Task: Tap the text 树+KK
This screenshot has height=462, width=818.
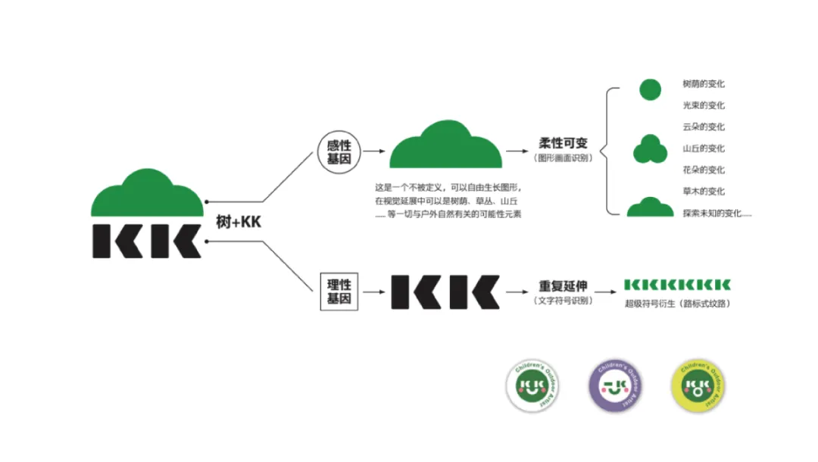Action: point(239,222)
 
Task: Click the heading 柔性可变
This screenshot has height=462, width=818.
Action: point(563,144)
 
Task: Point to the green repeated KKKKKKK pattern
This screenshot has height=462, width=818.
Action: point(677,285)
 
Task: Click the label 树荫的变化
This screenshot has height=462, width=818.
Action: point(704,84)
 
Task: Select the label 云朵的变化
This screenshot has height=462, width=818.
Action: point(704,126)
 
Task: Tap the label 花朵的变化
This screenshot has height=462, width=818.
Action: point(704,170)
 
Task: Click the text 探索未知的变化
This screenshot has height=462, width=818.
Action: point(717,214)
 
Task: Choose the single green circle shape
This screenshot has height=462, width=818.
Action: point(650,89)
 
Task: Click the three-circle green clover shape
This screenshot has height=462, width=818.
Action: point(650,148)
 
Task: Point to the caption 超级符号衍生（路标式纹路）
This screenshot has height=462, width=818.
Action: point(677,304)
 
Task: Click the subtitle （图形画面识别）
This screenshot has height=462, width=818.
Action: point(563,158)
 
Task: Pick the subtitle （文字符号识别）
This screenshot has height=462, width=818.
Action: point(563,301)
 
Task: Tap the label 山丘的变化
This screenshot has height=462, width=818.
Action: point(704,148)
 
